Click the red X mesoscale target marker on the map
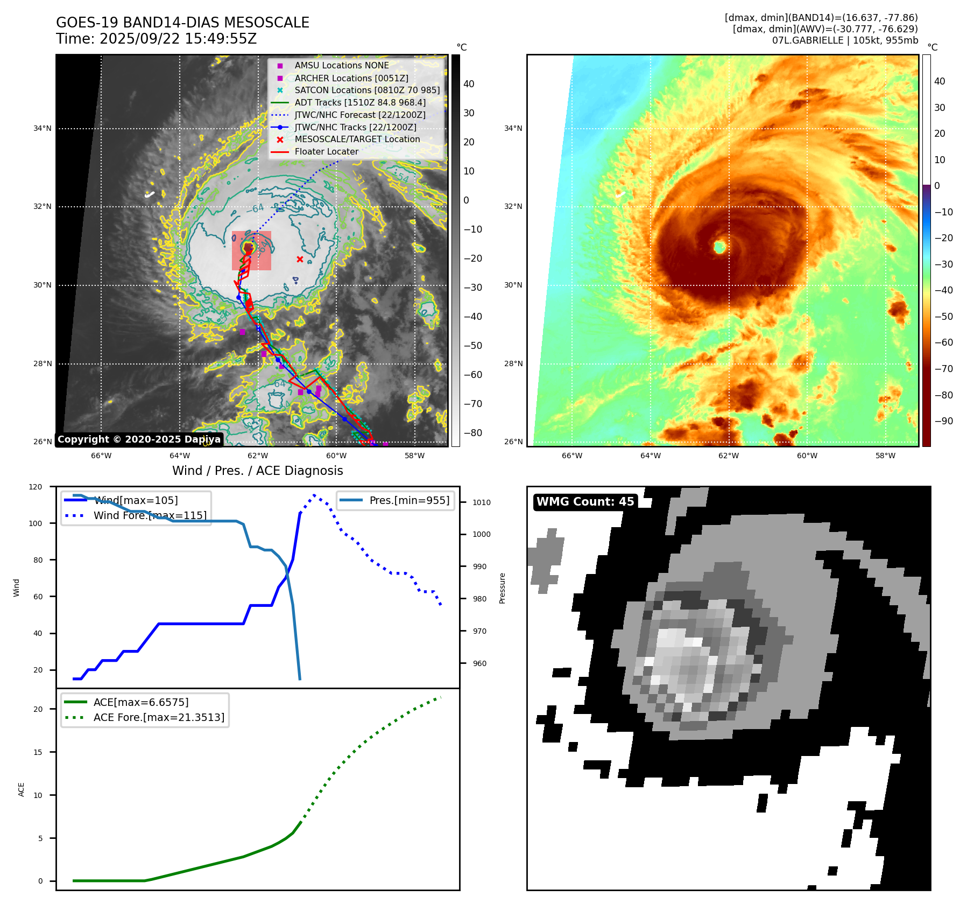click(x=300, y=260)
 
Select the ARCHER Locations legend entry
click(x=351, y=78)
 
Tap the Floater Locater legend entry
click(x=326, y=152)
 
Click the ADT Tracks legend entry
click(x=359, y=102)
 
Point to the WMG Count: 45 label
click(x=585, y=502)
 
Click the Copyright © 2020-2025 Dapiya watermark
click(x=139, y=439)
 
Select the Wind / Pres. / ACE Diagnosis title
click(x=257, y=471)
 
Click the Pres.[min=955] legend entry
click(x=409, y=500)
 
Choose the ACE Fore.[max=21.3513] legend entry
click(x=159, y=717)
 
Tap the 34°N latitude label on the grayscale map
click(x=43, y=129)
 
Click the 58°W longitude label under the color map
click(x=885, y=456)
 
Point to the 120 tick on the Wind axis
click(x=36, y=487)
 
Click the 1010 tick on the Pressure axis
click(x=482, y=502)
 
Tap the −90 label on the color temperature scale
click(x=943, y=421)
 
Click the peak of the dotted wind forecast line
click(x=314, y=495)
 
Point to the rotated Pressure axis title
click(x=502, y=588)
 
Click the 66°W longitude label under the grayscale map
click(x=101, y=456)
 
